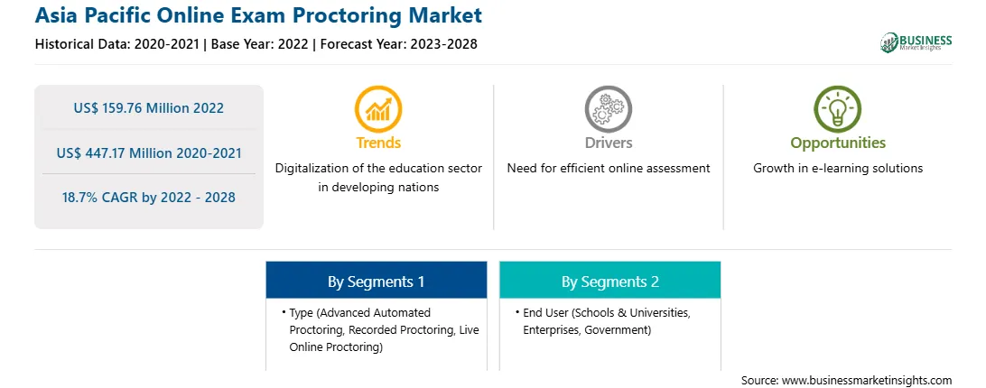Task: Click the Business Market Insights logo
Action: [916, 42]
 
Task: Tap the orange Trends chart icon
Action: [378, 109]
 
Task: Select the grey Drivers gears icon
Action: [608, 109]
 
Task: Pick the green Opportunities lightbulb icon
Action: [838, 109]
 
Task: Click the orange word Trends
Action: [378, 143]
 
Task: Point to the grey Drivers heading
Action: [608, 143]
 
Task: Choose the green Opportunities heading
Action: [838, 143]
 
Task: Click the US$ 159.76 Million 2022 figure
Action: [148, 107]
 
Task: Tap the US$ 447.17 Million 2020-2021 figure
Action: [148, 152]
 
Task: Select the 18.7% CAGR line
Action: [148, 197]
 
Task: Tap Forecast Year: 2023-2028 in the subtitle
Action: [399, 44]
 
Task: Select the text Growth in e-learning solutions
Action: [838, 168]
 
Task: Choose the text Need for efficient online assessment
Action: [608, 168]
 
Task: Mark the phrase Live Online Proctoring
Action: [385, 338]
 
